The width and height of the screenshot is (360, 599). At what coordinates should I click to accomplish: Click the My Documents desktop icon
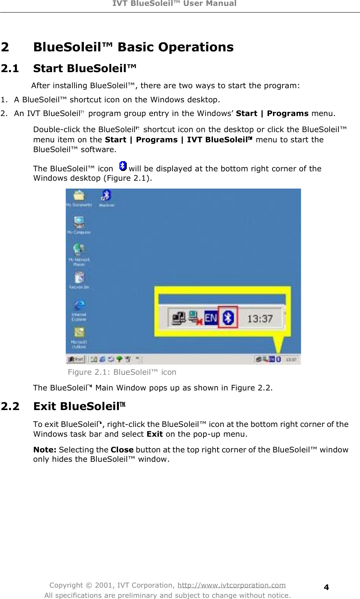79,196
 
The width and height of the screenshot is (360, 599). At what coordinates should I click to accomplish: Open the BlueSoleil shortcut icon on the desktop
106,196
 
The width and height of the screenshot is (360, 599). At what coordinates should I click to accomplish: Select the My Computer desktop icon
79,223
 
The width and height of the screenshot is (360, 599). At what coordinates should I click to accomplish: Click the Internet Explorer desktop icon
79,306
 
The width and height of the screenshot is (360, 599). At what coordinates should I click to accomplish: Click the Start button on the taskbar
76,359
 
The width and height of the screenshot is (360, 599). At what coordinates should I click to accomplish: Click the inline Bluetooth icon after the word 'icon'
123,166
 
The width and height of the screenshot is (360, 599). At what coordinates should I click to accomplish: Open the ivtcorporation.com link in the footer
231,585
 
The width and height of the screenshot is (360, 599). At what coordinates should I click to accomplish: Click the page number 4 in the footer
326,587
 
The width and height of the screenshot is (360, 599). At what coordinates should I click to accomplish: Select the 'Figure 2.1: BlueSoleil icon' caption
122,372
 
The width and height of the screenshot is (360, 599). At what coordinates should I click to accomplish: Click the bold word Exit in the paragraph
155,434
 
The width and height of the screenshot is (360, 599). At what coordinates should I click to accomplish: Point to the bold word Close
122,450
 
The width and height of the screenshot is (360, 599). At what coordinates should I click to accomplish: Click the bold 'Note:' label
45,450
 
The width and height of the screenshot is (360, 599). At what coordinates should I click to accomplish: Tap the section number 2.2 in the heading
10,407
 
